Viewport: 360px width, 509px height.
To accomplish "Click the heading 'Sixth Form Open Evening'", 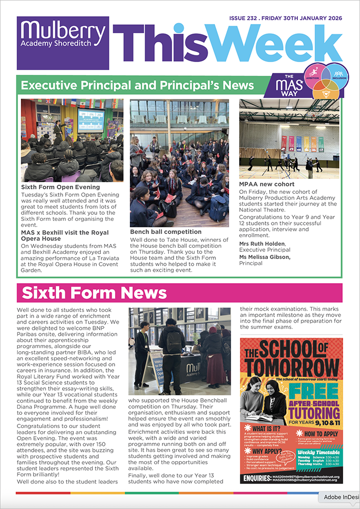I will click(61, 187).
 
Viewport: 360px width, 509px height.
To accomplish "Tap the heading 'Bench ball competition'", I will click(165, 232).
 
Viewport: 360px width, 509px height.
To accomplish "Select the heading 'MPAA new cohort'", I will click(267, 184).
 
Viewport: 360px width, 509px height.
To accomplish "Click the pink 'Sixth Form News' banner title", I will click(94, 293).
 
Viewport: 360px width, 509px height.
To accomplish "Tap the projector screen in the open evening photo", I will click(91, 120).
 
